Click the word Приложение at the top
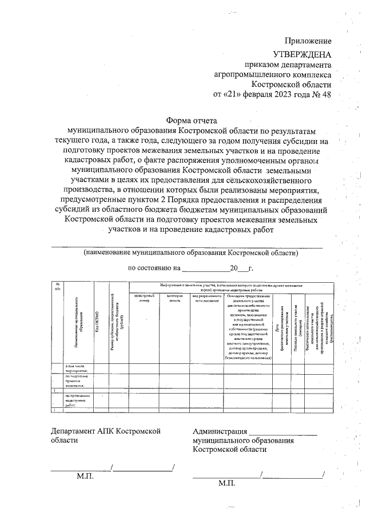point(308,41)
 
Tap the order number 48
point(326,94)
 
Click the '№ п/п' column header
point(57,287)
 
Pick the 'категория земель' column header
point(174,298)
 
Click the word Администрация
point(220,432)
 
